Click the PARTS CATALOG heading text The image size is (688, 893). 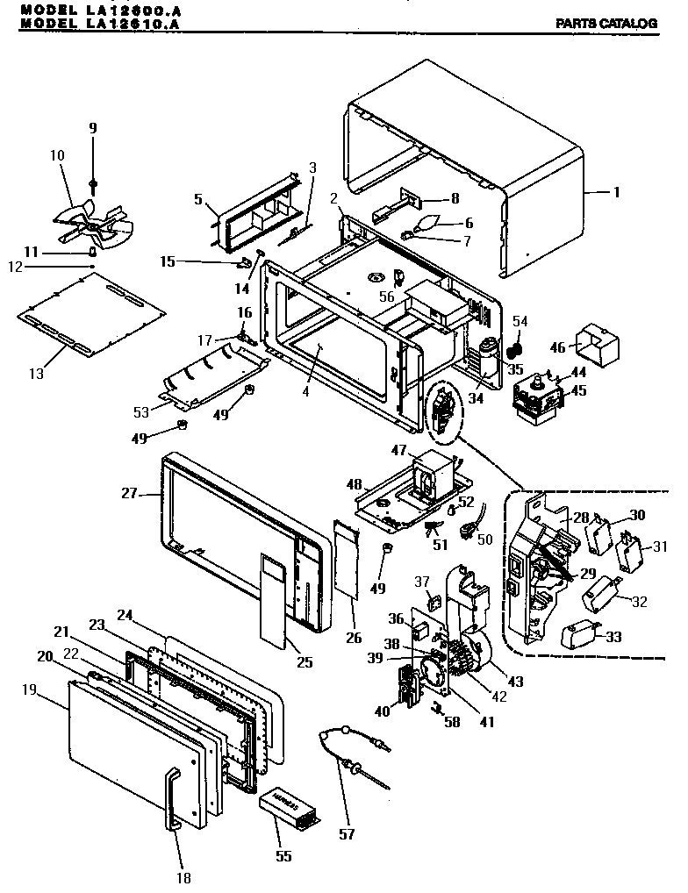pyautogui.click(x=606, y=24)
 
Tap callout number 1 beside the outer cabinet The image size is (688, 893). pyautogui.click(x=617, y=191)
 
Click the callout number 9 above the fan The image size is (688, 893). pyautogui.click(x=92, y=128)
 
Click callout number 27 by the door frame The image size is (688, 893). pyautogui.click(x=129, y=493)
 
